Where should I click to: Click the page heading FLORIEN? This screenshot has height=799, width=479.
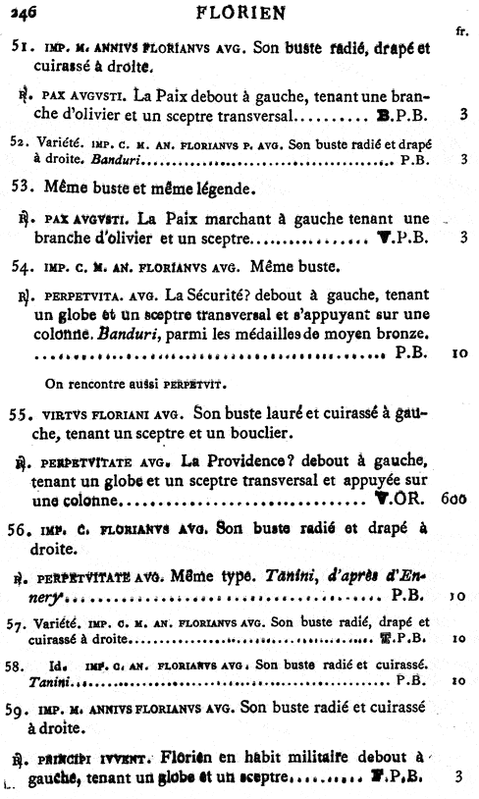point(240,13)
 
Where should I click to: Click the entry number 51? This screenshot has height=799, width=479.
point(20,46)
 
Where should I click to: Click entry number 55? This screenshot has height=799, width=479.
point(22,415)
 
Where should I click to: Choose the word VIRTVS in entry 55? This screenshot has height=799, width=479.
point(63,415)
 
